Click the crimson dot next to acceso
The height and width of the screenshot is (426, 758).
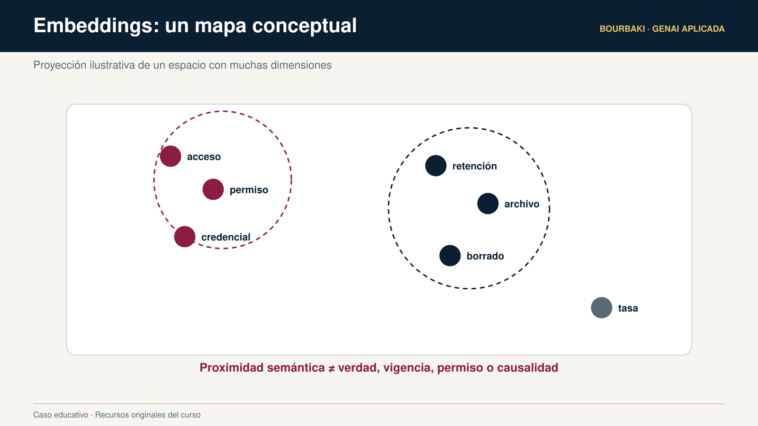[x=171, y=156]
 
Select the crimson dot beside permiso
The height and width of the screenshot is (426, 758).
[x=213, y=189]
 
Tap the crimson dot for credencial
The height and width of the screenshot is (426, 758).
[x=185, y=237]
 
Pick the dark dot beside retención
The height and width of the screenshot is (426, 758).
[x=436, y=166]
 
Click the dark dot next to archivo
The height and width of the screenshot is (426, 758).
[x=488, y=204]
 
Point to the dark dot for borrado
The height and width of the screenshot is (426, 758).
[x=450, y=256]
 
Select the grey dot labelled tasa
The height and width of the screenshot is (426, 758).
[x=602, y=308]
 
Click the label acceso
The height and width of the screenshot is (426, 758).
[x=204, y=157]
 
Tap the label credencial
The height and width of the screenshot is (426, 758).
[x=226, y=237]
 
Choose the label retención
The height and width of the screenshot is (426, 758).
[x=474, y=166]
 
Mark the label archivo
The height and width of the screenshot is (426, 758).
[x=522, y=204]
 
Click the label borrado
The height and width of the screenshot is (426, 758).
[x=485, y=256]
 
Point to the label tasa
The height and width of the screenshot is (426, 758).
[x=628, y=308]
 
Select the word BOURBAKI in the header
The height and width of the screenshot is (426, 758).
[x=622, y=29]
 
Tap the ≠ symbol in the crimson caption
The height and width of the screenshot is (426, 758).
[x=332, y=368]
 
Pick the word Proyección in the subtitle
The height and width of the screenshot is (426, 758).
[x=60, y=65]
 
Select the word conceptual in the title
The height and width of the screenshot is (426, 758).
[x=304, y=26]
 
